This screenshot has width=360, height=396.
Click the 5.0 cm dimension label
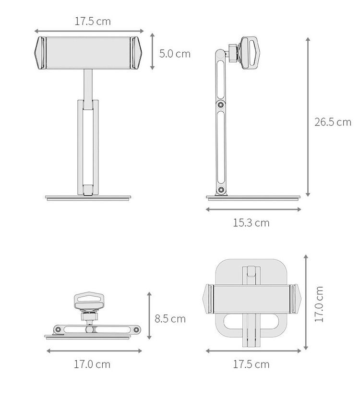click(175, 54)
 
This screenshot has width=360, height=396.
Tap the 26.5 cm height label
click(333, 122)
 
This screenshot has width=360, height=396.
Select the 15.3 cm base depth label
click(251, 223)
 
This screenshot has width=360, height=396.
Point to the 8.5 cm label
click(170, 319)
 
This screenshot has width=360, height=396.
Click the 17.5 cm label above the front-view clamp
click(93, 21)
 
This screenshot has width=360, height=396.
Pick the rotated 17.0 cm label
click(319, 304)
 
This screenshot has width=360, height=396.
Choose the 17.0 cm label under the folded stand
click(92, 364)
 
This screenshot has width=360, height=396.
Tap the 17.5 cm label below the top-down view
click(251, 364)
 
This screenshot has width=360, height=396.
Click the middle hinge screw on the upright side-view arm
click(221, 105)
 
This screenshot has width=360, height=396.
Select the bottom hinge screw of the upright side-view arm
click(221, 190)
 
